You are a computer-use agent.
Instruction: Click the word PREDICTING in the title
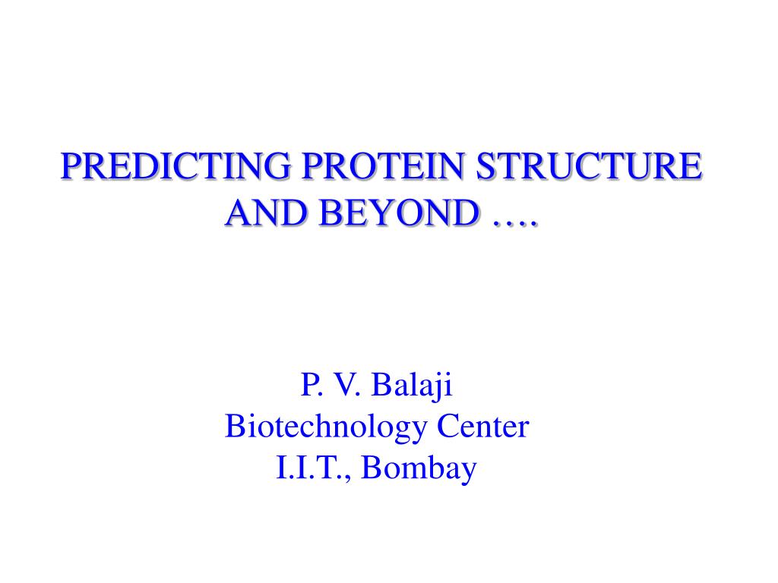click(176, 165)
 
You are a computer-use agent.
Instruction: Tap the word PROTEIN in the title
click(384, 165)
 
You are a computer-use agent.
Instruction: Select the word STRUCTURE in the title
click(589, 165)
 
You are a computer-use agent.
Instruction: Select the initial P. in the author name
click(310, 384)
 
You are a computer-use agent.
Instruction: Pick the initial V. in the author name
click(345, 384)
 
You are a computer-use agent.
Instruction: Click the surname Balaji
click(412, 386)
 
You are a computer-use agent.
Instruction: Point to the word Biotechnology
click(325, 427)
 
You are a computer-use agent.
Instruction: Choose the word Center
click(482, 427)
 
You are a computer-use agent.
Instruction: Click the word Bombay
click(419, 469)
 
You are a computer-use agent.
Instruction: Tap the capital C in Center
click(448, 427)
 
